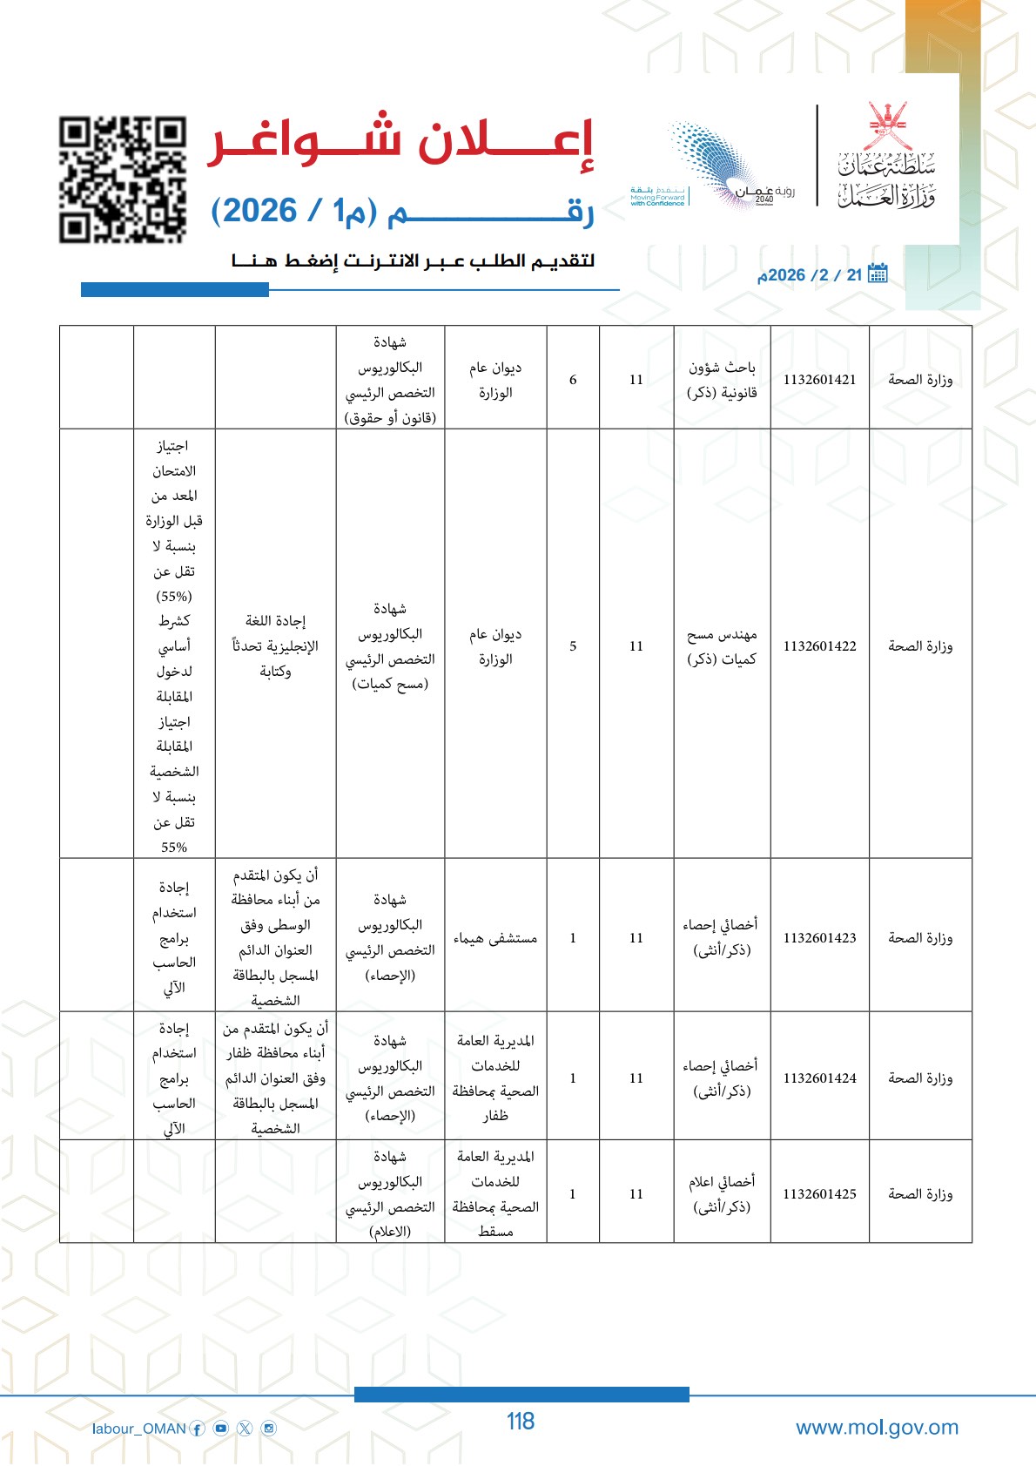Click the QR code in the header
click(x=123, y=179)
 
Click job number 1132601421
click(x=819, y=380)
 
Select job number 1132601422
click(x=819, y=646)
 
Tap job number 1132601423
click(x=819, y=938)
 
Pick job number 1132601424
click(x=819, y=1078)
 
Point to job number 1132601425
click(x=819, y=1194)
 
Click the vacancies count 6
click(x=573, y=380)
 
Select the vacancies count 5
click(x=573, y=646)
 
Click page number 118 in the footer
click(x=521, y=1422)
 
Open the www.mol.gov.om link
click(x=877, y=1428)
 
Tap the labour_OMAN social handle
click(x=139, y=1429)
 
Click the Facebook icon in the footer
click(x=198, y=1429)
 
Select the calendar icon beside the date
click(x=878, y=274)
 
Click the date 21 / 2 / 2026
click(x=810, y=275)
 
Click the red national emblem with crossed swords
click(x=887, y=126)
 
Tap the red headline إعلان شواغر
click(x=400, y=141)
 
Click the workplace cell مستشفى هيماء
click(x=495, y=938)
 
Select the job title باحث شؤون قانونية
click(x=722, y=380)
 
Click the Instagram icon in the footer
click(x=269, y=1429)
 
